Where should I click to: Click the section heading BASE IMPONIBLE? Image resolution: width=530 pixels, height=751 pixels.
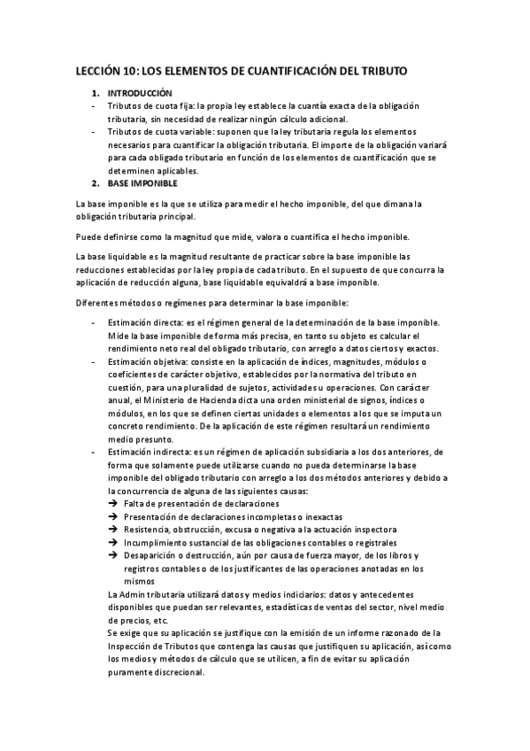pos(142,183)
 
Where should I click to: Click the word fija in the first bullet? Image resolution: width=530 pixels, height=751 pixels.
pos(184,105)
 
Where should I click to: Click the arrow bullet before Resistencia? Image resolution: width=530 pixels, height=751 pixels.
pos(112,530)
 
